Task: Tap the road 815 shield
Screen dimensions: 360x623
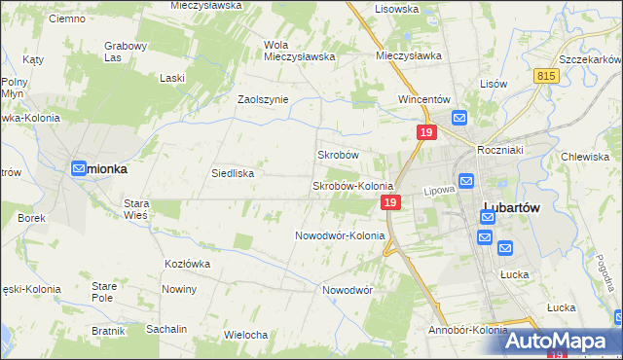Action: [546, 76]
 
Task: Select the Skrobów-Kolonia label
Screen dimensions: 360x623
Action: [351, 186]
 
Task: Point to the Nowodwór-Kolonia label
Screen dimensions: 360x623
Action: [340, 235]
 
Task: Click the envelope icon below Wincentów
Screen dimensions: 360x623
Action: [459, 118]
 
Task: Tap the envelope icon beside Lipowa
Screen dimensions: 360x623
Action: [466, 181]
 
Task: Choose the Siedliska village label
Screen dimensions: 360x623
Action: [233, 173]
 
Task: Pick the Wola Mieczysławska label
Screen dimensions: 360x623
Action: [300, 51]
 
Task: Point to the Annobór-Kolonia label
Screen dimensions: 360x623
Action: [467, 330]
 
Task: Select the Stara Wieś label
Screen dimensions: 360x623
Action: [134, 209]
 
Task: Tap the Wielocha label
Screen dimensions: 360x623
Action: [245, 335]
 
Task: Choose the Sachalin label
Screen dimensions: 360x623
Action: [166, 329]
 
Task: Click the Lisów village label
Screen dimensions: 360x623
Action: [494, 84]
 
